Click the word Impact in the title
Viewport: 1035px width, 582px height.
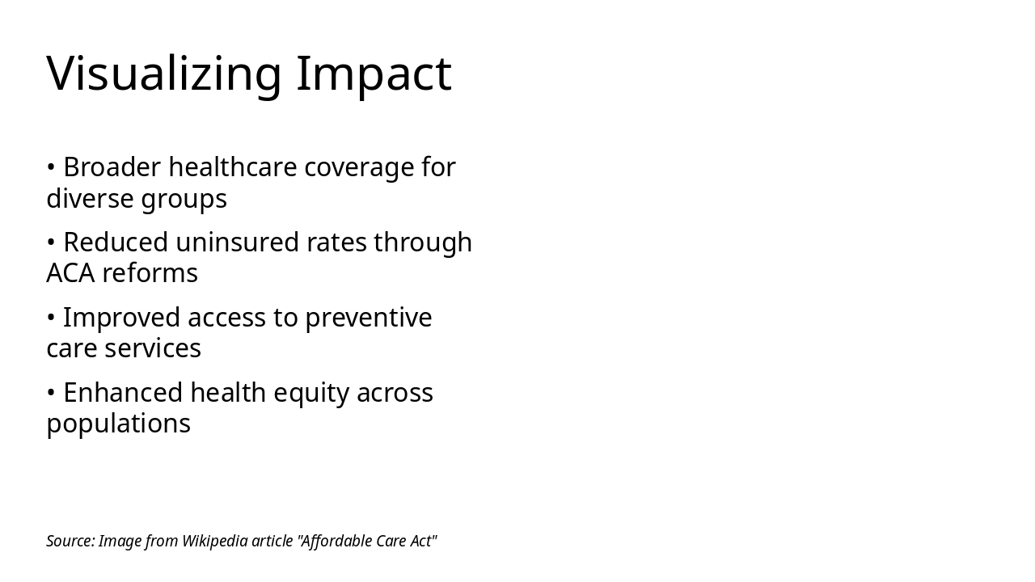[x=374, y=74]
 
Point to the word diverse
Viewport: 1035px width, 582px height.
[x=89, y=199]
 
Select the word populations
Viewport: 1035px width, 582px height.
[x=118, y=424]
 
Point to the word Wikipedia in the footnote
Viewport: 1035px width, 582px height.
[x=214, y=541]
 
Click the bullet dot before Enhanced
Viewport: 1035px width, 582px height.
[x=50, y=393]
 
